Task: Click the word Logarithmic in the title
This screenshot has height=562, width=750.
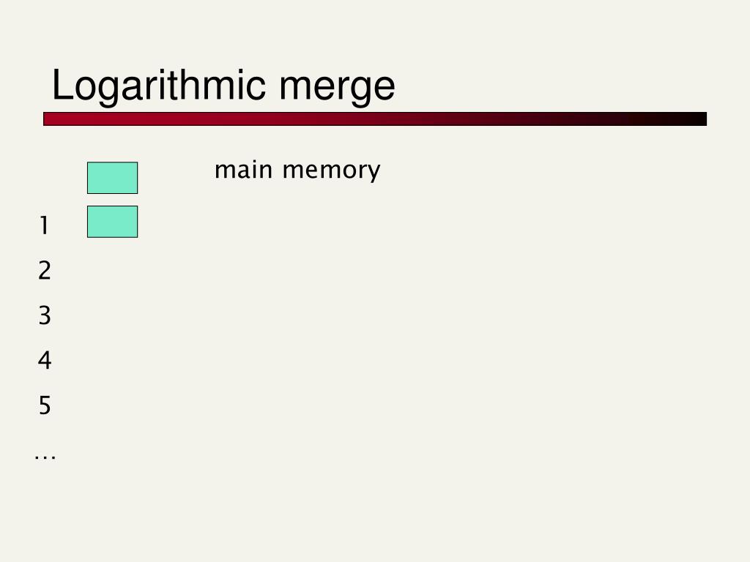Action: (x=158, y=86)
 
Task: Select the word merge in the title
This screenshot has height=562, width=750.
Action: (x=336, y=86)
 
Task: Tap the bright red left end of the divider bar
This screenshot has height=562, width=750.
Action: (x=55, y=119)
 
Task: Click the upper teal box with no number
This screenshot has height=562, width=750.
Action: (x=112, y=178)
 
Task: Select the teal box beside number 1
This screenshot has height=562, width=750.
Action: (x=112, y=222)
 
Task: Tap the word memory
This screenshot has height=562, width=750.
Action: (x=331, y=171)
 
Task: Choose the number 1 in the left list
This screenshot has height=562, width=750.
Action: (x=45, y=226)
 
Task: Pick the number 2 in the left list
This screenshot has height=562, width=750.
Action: (x=45, y=271)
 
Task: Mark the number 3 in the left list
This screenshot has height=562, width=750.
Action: (x=45, y=315)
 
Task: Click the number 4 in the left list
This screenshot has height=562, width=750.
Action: (x=45, y=360)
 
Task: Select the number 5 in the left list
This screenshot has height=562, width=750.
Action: (x=45, y=405)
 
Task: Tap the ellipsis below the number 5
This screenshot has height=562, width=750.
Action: (x=45, y=457)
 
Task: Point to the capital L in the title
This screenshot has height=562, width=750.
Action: (x=61, y=86)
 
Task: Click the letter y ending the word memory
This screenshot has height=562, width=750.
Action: (x=374, y=173)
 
